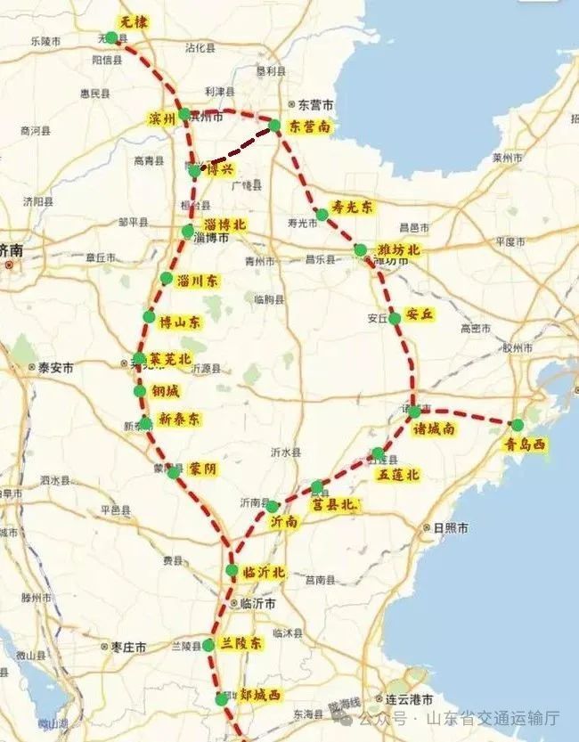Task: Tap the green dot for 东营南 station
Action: [x=275, y=126]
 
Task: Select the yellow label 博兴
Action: [x=221, y=169]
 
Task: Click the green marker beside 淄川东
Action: [x=167, y=279]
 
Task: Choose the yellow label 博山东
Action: [x=179, y=321]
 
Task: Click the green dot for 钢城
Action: [x=140, y=391]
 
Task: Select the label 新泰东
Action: [x=179, y=419]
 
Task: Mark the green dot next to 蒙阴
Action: [x=173, y=472]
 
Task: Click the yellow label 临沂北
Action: [x=264, y=573]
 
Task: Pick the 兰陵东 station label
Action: [x=241, y=643]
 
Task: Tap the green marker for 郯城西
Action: [x=222, y=698]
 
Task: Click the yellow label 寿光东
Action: [x=352, y=206]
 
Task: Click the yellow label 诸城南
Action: [x=435, y=428]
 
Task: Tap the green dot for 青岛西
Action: [x=518, y=425]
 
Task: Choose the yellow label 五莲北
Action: [x=398, y=476]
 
